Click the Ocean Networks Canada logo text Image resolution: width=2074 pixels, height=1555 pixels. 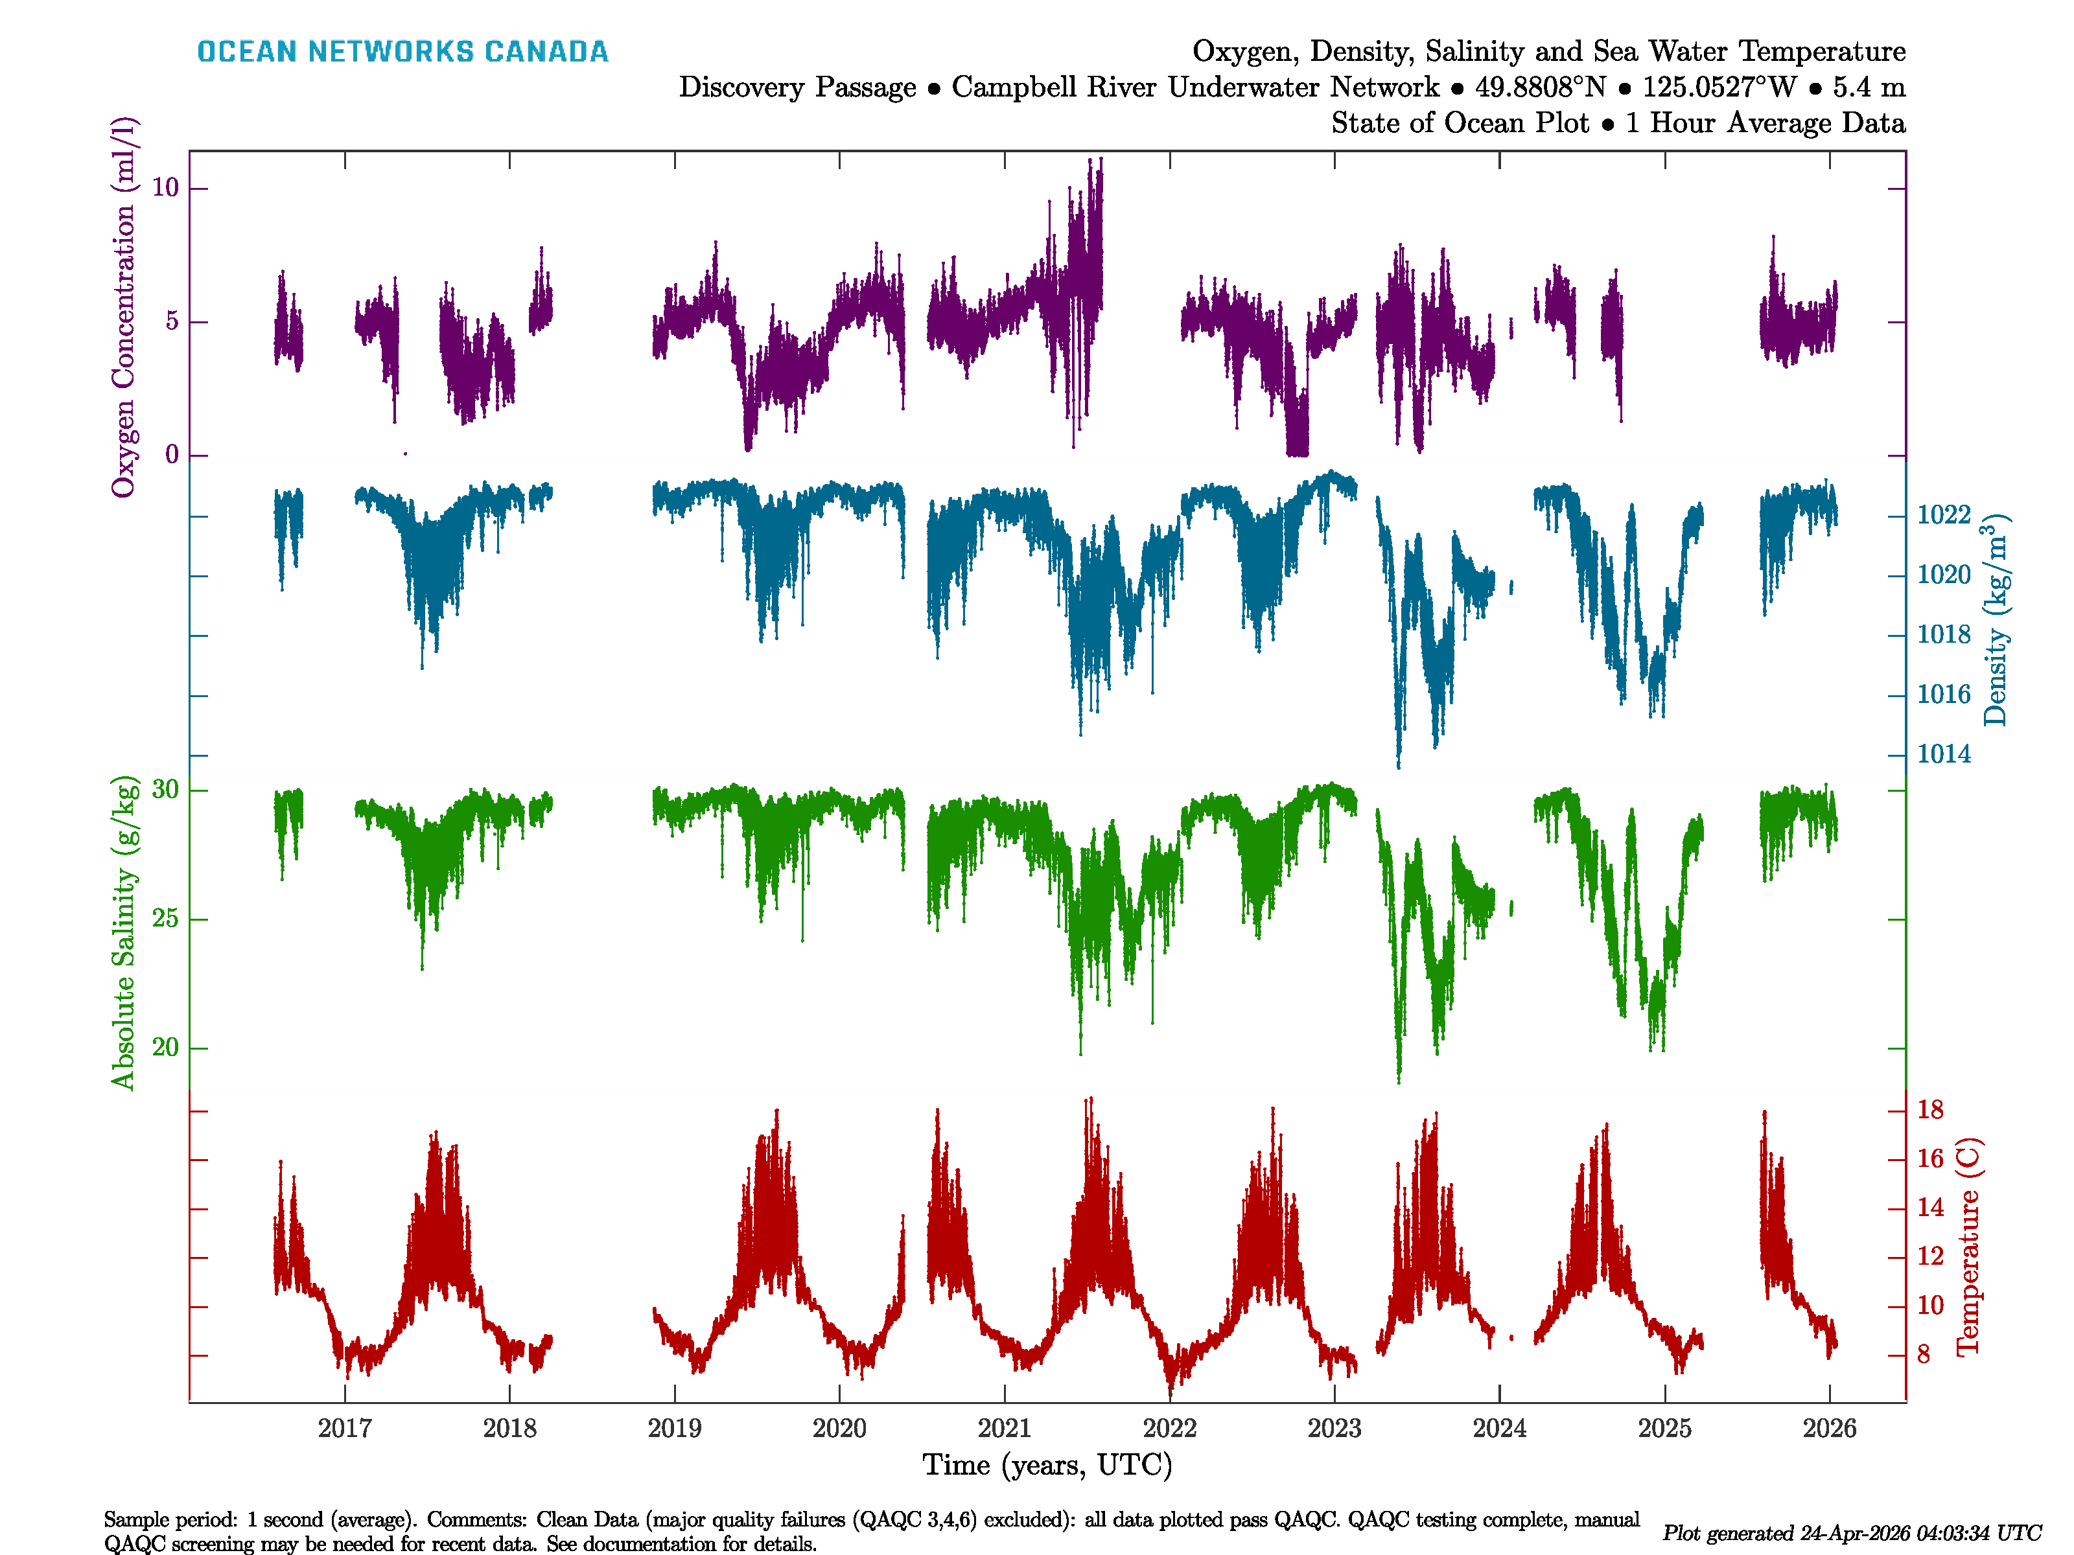coord(402,52)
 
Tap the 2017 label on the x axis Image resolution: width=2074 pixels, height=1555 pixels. coord(344,1429)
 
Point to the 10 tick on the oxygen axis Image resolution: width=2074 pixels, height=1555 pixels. coord(165,189)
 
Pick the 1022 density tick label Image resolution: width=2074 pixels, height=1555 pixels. coord(1944,514)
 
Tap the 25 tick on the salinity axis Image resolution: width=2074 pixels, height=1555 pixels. coord(165,919)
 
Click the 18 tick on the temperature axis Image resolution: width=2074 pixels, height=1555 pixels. coord(1931,1110)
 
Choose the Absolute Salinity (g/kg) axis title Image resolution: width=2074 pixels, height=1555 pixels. coord(124,932)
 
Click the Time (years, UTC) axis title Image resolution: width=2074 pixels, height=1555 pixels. coord(1047,1465)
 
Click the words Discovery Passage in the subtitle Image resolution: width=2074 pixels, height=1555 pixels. coord(797,87)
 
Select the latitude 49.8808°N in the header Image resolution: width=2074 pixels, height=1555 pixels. coord(1539,87)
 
